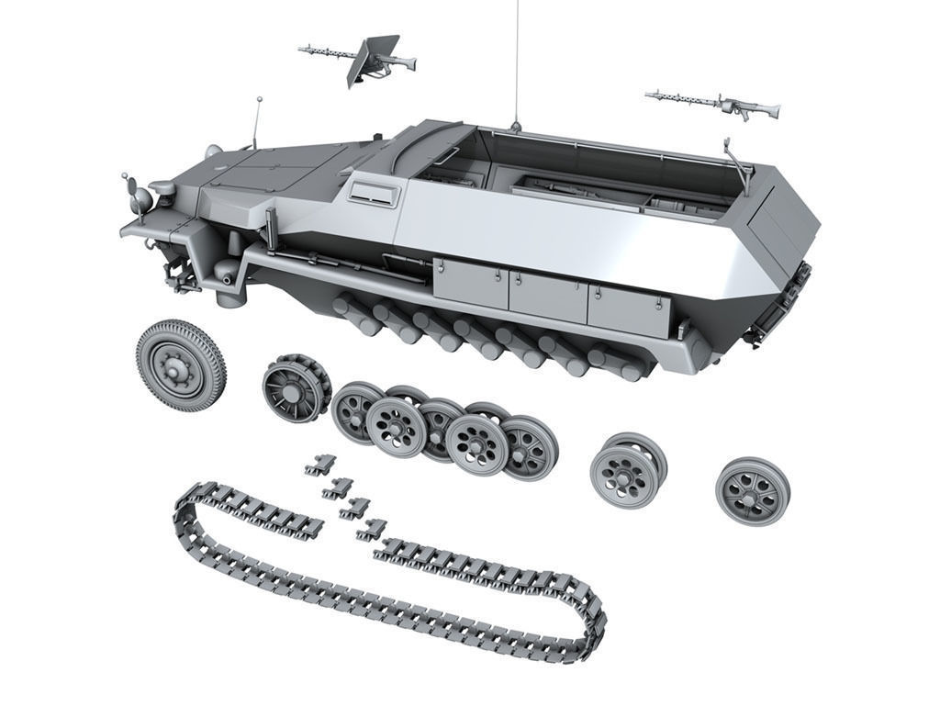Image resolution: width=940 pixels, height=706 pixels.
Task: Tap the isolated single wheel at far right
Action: (x=752, y=490)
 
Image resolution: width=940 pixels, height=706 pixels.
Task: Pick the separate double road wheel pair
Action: (x=627, y=466)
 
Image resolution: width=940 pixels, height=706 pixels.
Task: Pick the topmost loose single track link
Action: (x=320, y=465)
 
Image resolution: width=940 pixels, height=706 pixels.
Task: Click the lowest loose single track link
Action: (x=372, y=528)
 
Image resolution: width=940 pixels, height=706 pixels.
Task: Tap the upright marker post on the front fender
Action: (x=271, y=224)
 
